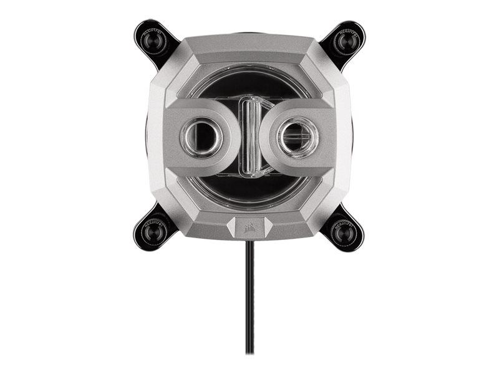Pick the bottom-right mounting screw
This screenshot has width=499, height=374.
click(x=347, y=233)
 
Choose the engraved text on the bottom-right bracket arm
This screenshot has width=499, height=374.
click(x=344, y=219)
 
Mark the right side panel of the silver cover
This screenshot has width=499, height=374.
click(x=344, y=137)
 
